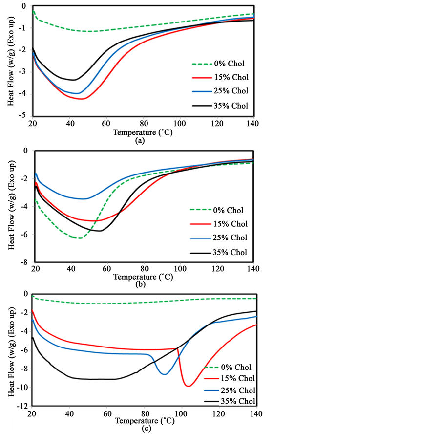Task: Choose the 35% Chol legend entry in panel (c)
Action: point(236,402)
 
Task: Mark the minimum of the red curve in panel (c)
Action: point(188,386)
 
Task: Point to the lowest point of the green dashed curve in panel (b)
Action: point(78,238)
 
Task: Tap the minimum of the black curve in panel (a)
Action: point(72,80)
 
